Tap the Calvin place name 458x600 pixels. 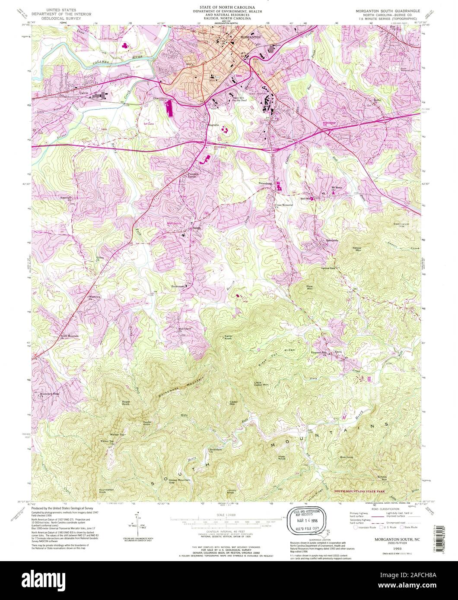(84, 92)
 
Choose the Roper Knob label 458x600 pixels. (126, 404)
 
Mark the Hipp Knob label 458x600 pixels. (282, 457)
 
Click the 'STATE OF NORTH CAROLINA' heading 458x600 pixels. (227, 8)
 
